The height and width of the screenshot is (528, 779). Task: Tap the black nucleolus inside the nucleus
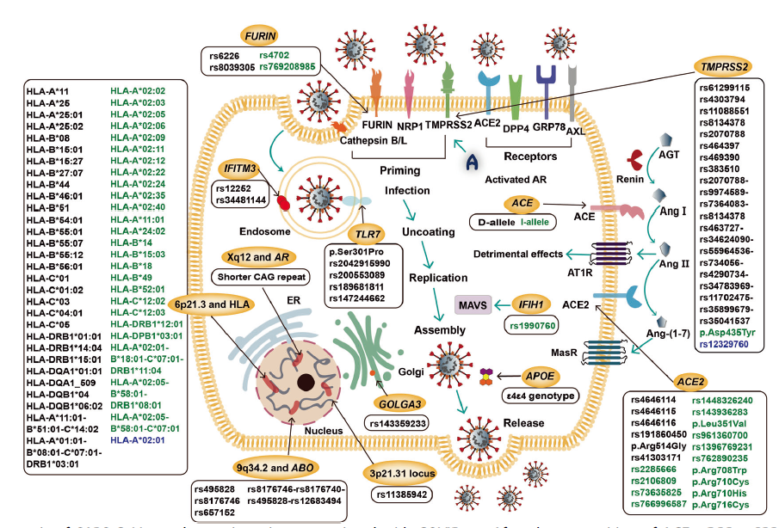pos(304,383)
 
